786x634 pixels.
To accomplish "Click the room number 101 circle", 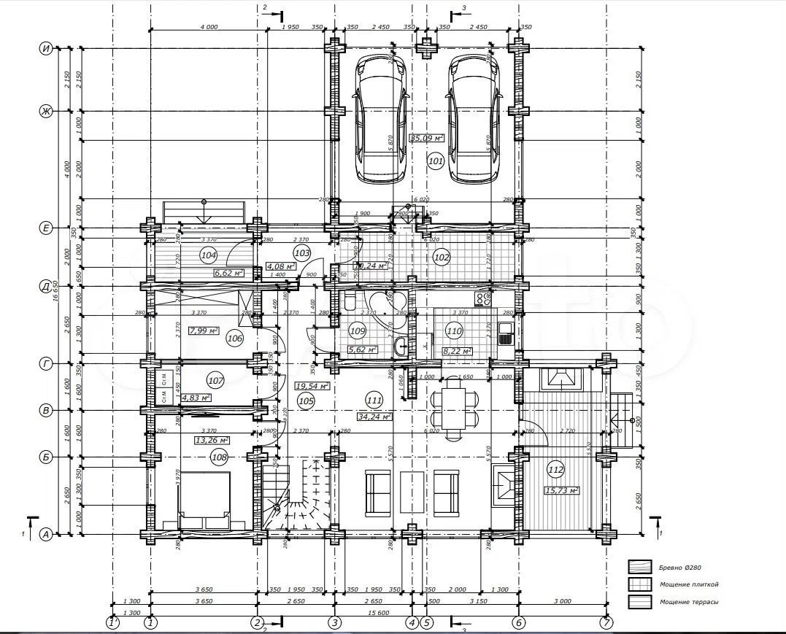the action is pyautogui.click(x=436, y=161).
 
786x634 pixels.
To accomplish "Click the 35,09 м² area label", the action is pyautogui.click(x=426, y=138).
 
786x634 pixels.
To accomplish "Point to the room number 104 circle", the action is pyautogui.click(x=209, y=255).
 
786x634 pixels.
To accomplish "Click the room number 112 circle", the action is pyautogui.click(x=556, y=470).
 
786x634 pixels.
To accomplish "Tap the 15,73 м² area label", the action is pyautogui.click(x=561, y=490).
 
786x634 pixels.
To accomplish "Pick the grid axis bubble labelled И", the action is pyautogui.click(x=46, y=49).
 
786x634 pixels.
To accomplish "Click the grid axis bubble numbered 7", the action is pyautogui.click(x=606, y=623).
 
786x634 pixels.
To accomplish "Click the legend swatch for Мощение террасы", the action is pyautogui.click(x=640, y=602).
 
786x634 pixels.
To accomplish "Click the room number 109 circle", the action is pyautogui.click(x=358, y=330).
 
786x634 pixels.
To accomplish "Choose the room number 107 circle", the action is pyautogui.click(x=215, y=380).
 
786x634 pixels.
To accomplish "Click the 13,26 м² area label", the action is pyautogui.click(x=212, y=440).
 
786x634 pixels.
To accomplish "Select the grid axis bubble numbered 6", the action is pyautogui.click(x=518, y=623).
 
